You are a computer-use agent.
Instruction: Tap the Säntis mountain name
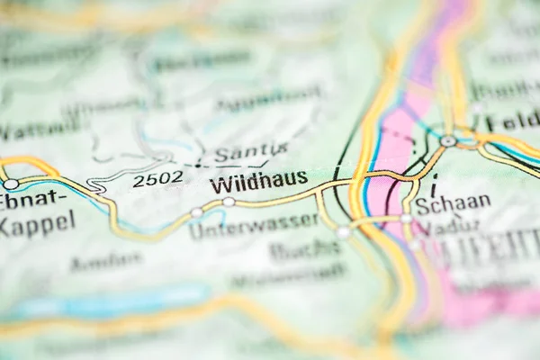click(x=251, y=152)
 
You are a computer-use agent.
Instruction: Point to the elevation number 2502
click(x=157, y=178)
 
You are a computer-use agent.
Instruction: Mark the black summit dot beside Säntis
click(x=198, y=165)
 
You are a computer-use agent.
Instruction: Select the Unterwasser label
click(x=254, y=225)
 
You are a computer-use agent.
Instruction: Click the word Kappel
click(x=36, y=223)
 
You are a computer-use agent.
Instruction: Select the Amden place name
click(x=106, y=262)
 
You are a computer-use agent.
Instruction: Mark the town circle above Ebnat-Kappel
click(x=11, y=184)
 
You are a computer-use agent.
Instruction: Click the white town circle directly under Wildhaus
click(x=229, y=202)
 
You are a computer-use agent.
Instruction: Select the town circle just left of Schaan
click(x=406, y=218)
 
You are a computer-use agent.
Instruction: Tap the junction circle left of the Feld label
click(x=447, y=141)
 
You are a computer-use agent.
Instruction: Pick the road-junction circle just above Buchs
click(x=343, y=232)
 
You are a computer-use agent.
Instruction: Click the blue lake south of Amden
click(x=108, y=301)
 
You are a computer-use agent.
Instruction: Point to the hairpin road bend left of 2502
click(x=97, y=187)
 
